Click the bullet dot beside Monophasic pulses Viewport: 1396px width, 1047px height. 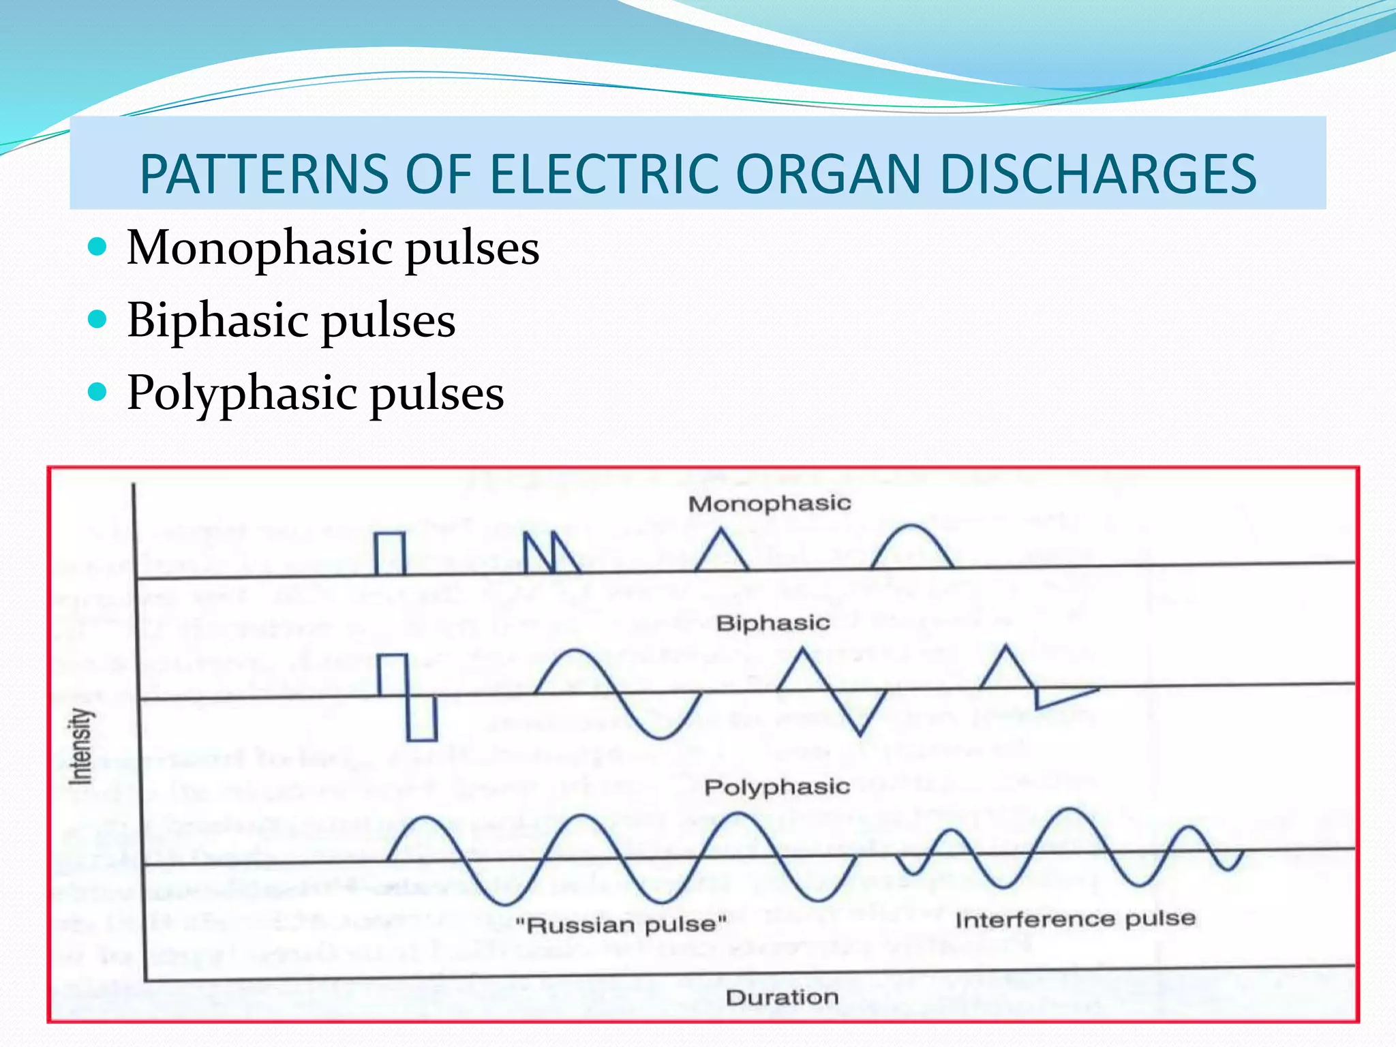99,246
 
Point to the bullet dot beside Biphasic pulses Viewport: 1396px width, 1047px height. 99,319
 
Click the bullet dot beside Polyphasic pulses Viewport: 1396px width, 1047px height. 99,392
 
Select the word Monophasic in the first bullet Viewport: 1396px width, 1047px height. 259,247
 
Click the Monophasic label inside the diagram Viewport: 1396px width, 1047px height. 770,504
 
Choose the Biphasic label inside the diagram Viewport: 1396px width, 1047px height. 773,623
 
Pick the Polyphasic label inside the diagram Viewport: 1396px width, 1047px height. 777,787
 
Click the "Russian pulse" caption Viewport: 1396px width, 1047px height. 621,925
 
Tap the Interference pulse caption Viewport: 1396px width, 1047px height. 1075,920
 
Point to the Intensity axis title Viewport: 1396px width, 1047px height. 80,746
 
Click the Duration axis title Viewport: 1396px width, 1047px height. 782,998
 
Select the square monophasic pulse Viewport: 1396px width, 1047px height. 390,553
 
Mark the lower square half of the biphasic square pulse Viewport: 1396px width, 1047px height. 422,718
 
